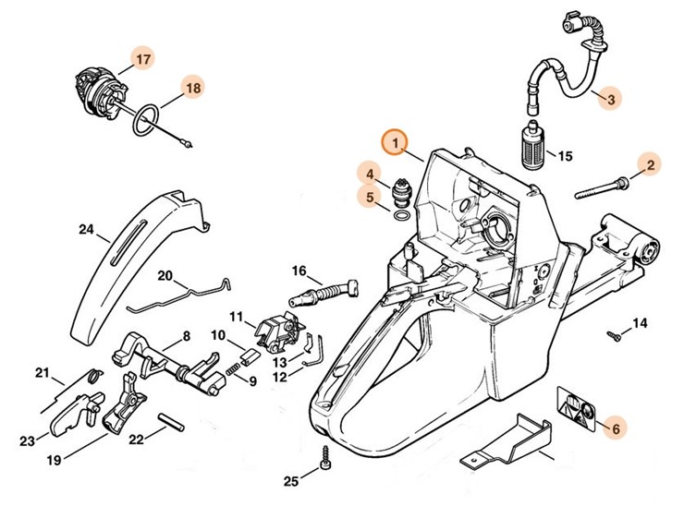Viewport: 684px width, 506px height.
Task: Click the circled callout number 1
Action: click(x=396, y=143)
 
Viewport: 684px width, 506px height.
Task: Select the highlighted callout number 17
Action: click(x=142, y=60)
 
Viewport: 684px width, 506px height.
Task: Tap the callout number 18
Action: click(x=193, y=88)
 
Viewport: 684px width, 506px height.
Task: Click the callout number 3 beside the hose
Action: click(x=608, y=97)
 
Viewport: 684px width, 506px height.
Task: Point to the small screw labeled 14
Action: click(x=612, y=334)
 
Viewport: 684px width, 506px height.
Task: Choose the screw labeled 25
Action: click(x=324, y=456)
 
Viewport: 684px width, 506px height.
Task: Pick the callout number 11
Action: click(x=237, y=317)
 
